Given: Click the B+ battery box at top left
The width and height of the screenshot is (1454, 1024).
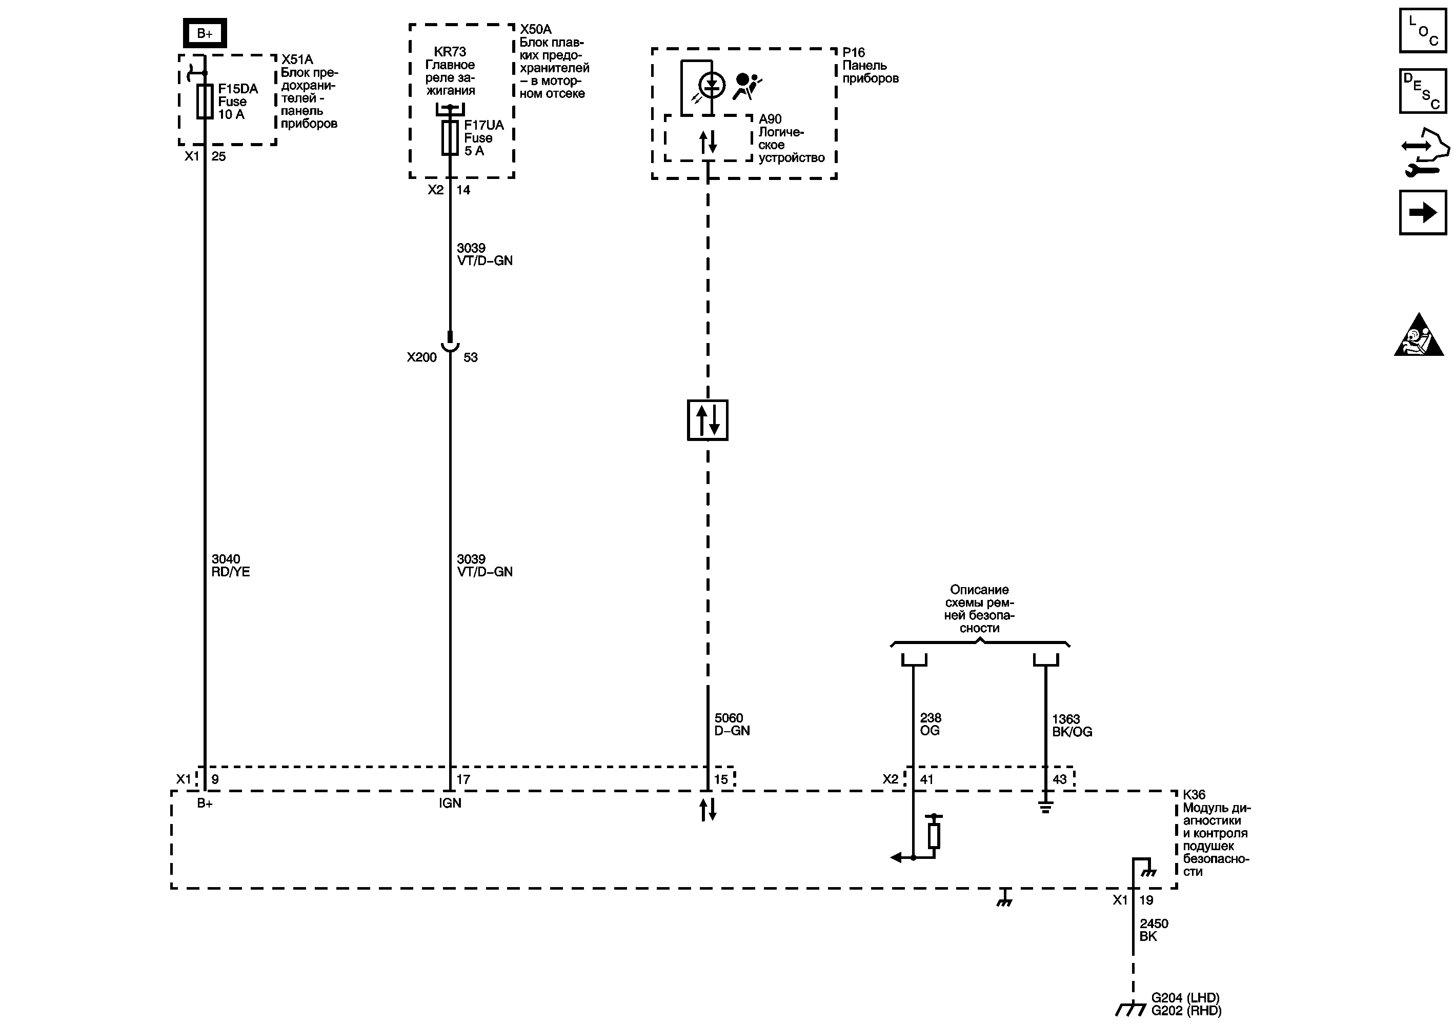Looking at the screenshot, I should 205,33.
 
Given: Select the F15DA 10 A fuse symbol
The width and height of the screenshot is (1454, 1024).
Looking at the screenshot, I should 204,102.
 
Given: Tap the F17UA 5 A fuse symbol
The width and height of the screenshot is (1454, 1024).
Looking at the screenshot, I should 450,138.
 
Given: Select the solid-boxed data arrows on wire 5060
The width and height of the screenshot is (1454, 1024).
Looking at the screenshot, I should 708,420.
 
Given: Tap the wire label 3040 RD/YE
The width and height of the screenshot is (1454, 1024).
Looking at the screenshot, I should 231,566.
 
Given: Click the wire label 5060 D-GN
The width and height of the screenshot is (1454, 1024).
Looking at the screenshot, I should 732,724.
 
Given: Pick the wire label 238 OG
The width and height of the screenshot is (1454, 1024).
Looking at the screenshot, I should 930,724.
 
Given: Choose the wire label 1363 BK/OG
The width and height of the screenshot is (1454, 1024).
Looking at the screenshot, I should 1072,725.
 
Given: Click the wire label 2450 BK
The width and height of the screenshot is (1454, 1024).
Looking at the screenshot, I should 1153,930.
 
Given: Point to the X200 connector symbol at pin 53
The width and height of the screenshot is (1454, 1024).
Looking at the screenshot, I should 450,345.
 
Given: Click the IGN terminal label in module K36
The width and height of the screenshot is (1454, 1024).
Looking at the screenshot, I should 450,803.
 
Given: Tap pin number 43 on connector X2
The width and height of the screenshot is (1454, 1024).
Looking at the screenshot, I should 1059,779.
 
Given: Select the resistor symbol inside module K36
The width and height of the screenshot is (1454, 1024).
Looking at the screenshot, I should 934,835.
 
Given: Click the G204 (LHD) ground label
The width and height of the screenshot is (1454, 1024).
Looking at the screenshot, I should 1185,997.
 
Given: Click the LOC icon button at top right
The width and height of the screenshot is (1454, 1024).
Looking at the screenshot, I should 1422,30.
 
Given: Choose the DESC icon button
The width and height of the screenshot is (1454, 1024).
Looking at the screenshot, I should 1422,91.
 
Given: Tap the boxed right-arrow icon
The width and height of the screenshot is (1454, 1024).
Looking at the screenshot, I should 1422,212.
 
